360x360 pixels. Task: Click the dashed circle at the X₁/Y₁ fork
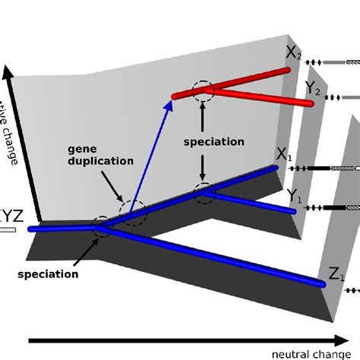pos(204,193)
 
